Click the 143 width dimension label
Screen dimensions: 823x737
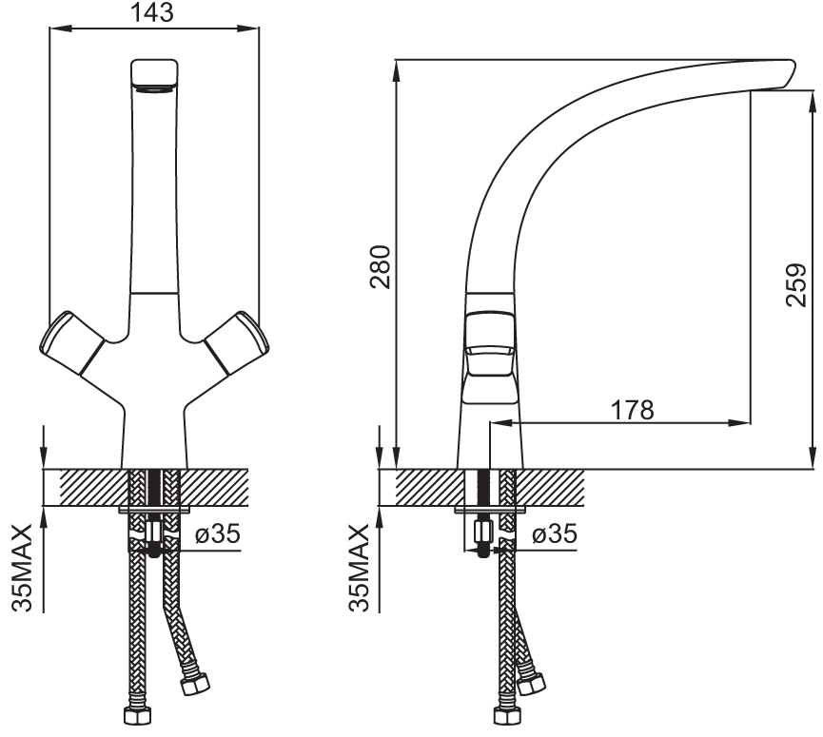[x=151, y=12]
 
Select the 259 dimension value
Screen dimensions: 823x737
[x=795, y=285]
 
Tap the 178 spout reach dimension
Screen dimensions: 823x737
[x=633, y=410]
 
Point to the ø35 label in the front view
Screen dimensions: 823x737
[x=218, y=534]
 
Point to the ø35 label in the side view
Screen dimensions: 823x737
[x=555, y=534]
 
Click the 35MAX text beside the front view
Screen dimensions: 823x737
[x=23, y=568]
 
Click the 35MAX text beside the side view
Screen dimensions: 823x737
[x=359, y=568]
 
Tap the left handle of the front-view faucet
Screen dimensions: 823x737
[x=72, y=342]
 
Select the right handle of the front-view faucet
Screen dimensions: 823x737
[x=237, y=342]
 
